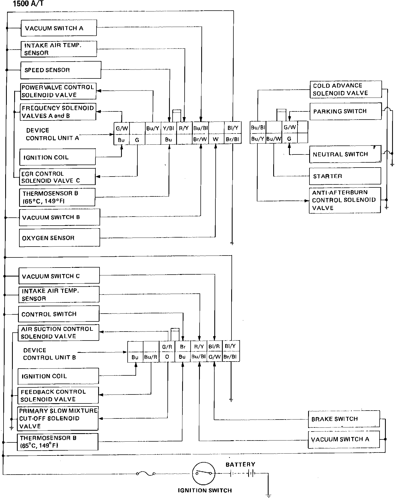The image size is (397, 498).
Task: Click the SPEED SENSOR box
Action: (x=61, y=70)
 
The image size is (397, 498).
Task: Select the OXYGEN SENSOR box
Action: (x=59, y=238)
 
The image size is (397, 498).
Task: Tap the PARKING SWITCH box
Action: (x=345, y=111)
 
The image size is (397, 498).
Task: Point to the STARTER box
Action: (x=345, y=176)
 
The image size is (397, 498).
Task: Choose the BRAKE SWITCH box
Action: (x=344, y=419)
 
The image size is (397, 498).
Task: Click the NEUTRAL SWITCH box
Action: (x=345, y=154)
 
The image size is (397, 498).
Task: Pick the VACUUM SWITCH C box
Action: (x=59, y=276)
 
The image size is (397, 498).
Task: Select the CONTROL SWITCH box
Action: (x=59, y=314)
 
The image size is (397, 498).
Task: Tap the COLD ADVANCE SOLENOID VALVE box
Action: (x=345, y=89)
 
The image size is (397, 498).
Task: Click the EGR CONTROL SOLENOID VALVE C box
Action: (x=57, y=177)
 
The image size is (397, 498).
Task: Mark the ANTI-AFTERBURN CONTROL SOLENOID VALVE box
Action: (x=345, y=200)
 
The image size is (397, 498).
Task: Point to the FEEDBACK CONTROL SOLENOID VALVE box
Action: (x=58, y=395)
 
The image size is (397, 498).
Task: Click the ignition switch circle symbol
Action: (x=203, y=473)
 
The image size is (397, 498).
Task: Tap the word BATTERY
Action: (x=240, y=464)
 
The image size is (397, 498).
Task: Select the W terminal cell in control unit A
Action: (x=216, y=139)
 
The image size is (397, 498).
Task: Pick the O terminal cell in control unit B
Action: (x=167, y=357)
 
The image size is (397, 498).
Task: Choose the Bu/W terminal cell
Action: (x=273, y=139)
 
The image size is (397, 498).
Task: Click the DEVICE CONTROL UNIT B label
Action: (x=49, y=354)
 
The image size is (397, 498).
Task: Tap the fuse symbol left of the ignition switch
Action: (x=146, y=474)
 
